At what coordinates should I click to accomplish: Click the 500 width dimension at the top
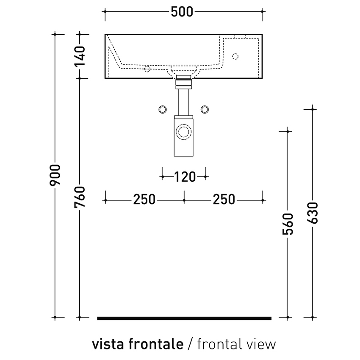point(182,12)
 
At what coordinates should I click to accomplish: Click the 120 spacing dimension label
point(184,176)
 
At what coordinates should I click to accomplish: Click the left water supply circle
point(163,110)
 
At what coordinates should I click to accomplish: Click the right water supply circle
point(205,110)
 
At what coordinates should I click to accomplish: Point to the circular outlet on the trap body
point(184,131)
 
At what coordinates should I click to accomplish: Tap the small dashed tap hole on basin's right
point(235,56)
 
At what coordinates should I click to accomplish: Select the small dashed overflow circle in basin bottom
point(147,69)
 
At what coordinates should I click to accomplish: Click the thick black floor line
point(184,318)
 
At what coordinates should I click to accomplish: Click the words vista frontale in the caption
point(138,344)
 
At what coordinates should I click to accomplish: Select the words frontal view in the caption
point(236,344)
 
